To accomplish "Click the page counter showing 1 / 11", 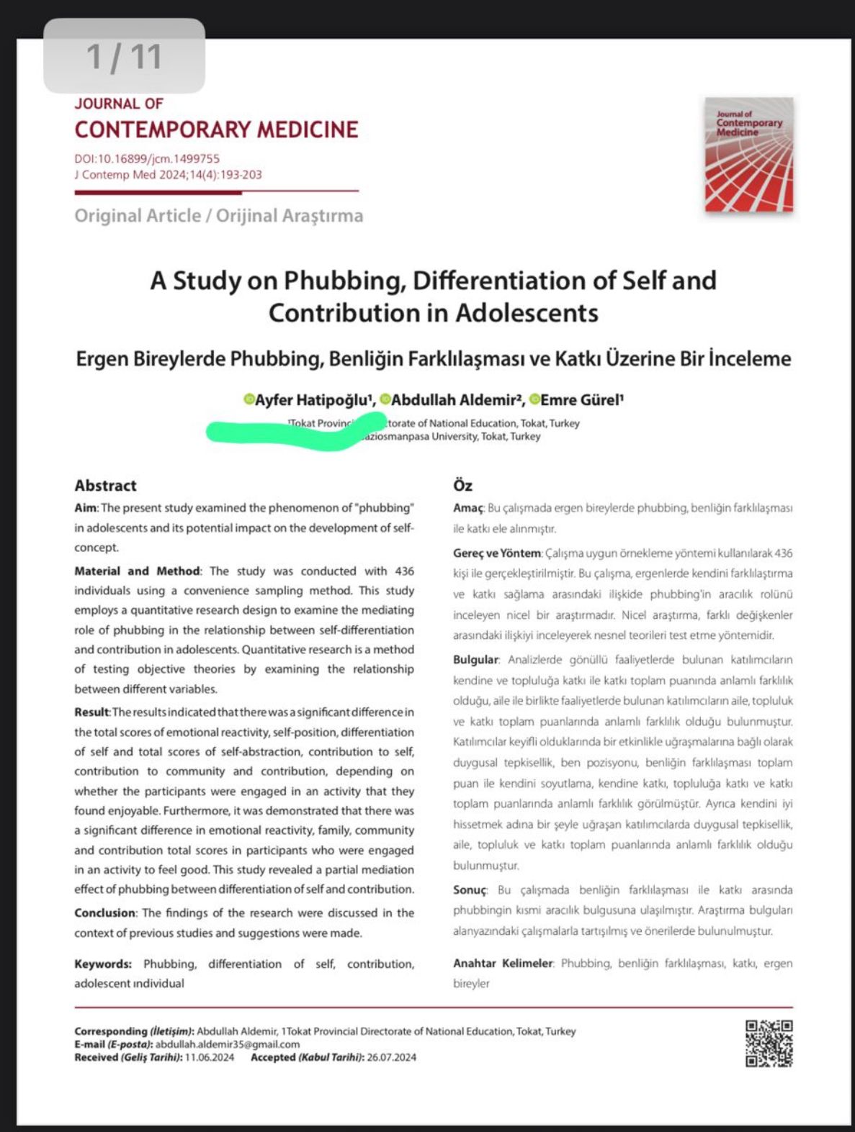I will tap(124, 57).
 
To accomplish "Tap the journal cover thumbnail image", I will tap(748, 154).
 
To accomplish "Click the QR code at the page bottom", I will tap(769, 1043).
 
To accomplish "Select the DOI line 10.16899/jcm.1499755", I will tap(147, 158).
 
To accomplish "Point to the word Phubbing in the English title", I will tap(341, 280).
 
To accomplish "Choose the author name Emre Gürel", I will tap(581, 400).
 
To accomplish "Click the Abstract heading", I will tap(105, 485).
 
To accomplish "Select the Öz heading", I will tap(462, 485).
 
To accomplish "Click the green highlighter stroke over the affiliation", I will tap(295, 432).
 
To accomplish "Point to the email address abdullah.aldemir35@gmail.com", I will tap(228, 1044).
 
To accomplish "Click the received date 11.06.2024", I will tap(210, 1057).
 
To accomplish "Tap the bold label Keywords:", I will tap(103, 964).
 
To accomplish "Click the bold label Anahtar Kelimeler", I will tap(502, 963).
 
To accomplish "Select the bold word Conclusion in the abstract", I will tap(104, 913).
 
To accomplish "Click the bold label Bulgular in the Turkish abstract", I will tap(475, 659).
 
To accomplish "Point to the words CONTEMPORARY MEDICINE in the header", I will tap(216, 130).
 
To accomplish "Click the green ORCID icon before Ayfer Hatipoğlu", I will tap(249, 399).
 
